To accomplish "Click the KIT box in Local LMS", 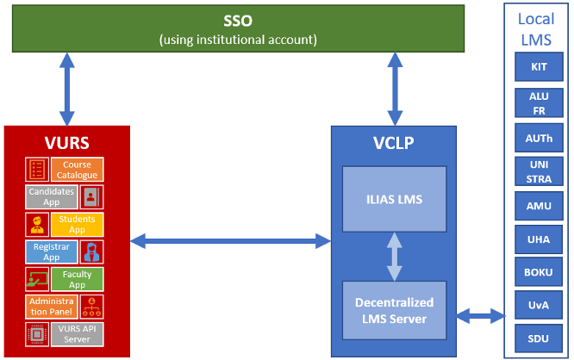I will tap(539, 66).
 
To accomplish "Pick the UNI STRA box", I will tap(539, 171).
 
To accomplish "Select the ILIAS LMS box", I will tap(395, 200).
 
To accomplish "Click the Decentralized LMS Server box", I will tap(395, 310).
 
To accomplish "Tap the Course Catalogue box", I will tap(77, 170).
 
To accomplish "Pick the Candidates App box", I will tap(51, 196).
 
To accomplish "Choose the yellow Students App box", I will tap(77, 225).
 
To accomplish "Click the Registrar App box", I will tap(51, 251).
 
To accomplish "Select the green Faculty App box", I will tap(77, 279).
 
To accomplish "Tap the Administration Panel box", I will tap(51, 306).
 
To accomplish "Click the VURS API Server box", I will tap(77, 333).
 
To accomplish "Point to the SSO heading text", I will tap(238, 21).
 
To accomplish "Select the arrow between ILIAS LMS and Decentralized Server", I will tap(395, 255).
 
